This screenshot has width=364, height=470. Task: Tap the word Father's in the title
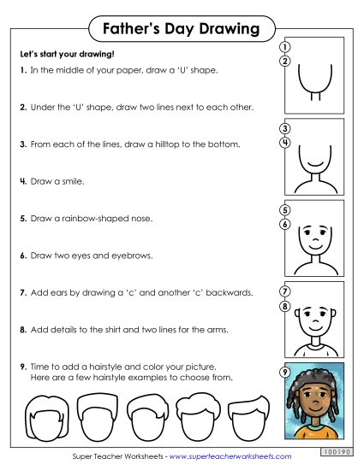(134, 30)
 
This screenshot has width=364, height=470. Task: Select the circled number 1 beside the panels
(284, 46)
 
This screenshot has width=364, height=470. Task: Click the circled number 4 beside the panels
(284, 142)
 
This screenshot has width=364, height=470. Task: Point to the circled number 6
(284, 224)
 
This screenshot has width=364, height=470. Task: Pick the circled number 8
(284, 305)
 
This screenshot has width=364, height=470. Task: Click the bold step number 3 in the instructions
(21, 145)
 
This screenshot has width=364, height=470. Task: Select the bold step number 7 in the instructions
(21, 292)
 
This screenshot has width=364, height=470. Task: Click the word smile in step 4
(70, 182)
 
